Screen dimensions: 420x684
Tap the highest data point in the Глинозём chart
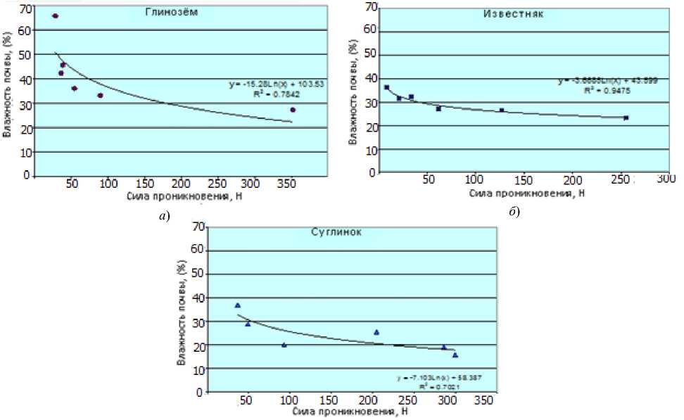click(x=56, y=15)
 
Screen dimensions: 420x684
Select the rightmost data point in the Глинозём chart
click(x=293, y=110)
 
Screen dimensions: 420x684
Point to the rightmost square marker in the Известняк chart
click(x=626, y=117)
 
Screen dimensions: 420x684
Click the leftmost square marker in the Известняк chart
click(x=386, y=87)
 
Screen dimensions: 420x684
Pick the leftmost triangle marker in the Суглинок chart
click(x=238, y=305)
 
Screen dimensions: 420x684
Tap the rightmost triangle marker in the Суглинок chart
click(x=455, y=355)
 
